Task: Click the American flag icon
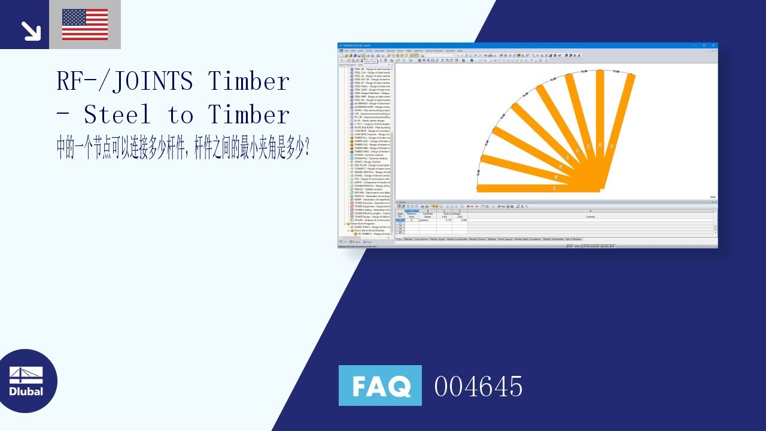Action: click(85, 25)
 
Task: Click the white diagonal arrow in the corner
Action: click(30, 31)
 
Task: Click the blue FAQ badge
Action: click(380, 386)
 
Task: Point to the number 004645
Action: click(478, 386)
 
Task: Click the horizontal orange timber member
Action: click(538, 189)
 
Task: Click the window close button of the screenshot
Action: click(713, 45)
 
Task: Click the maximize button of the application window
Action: click(704, 45)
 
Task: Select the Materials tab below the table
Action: click(408, 239)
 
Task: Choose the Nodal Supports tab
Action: click(506, 239)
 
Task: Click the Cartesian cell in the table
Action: click(424, 220)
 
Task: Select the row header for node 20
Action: click(400, 232)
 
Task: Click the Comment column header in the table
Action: click(590, 217)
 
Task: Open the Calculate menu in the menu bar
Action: click(379, 51)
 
